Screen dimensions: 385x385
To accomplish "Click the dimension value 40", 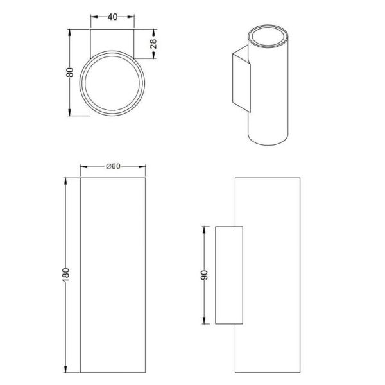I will coord(112,17).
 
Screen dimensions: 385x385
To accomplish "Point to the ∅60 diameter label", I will coord(113,166).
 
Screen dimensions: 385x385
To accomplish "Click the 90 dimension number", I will coord(205,275).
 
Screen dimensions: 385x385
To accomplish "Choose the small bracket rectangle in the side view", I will coord(229,275).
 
